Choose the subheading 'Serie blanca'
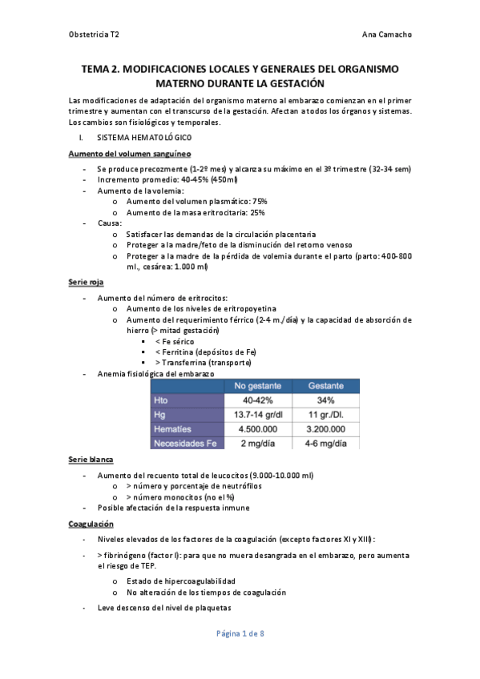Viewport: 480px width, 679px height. [91, 460]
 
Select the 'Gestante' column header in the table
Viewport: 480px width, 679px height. [326, 386]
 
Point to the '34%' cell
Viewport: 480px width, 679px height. [325, 400]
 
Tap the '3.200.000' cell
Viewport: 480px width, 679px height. [326, 429]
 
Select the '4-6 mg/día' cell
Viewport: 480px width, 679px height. [326, 443]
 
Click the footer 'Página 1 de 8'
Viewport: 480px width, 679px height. [240, 633]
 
